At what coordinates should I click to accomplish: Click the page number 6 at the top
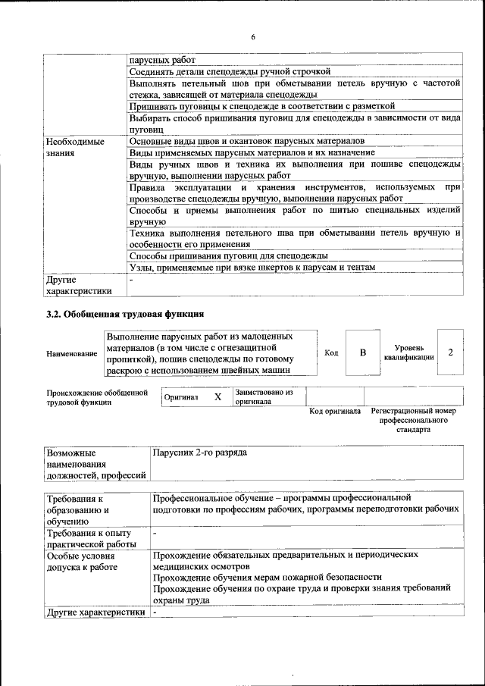click(x=254, y=37)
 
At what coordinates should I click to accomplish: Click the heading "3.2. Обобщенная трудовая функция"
click(x=125, y=314)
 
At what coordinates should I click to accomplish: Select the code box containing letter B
click(x=363, y=352)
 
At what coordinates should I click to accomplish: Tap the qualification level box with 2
click(x=450, y=352)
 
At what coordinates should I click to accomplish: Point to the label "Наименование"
click(x=71, y=353)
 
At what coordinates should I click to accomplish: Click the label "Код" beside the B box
click(x=331, y=352)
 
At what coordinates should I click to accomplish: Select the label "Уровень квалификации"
click(x=408, y=352)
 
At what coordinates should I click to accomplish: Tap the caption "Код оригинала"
click(x=335, y=411)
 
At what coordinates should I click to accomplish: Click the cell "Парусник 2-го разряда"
click(x=199, y=453)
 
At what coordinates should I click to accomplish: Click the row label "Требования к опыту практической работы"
click(x=91, y=539)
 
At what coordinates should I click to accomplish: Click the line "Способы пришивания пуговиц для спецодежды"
click(x=228, y=255)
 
